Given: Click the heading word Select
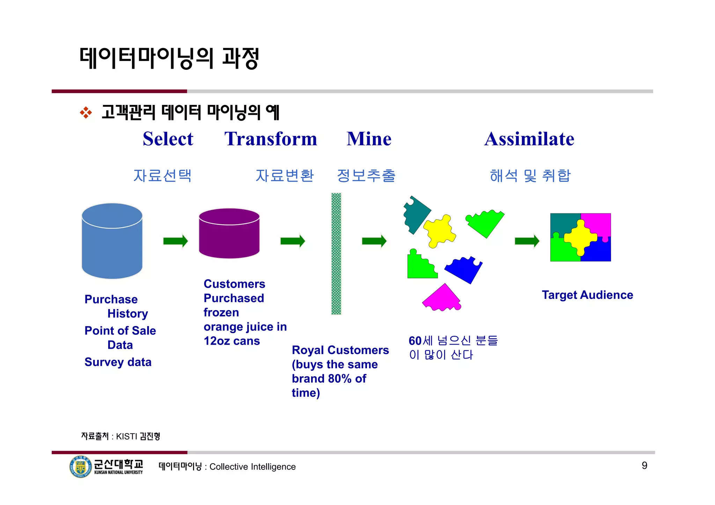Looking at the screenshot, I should click(168, 139).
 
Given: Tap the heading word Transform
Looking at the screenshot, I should click(271, 139).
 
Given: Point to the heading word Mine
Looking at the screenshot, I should click(369, 139).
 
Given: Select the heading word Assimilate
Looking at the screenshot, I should click(529, 139).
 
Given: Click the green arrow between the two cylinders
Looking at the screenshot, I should click(176, 241).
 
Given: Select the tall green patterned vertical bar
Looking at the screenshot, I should click(336, 254).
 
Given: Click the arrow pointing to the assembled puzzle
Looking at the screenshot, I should click(527, 241).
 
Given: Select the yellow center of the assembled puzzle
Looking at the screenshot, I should click(580, 238).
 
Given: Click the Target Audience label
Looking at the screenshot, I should click(587, 295).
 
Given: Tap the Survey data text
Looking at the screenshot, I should click(118, 362).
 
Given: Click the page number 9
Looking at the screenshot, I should click(644, 466).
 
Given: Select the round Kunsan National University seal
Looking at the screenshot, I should click(80, 466).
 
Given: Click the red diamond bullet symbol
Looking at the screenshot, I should click(86, 113).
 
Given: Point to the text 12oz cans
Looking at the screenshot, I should click(232, 341).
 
